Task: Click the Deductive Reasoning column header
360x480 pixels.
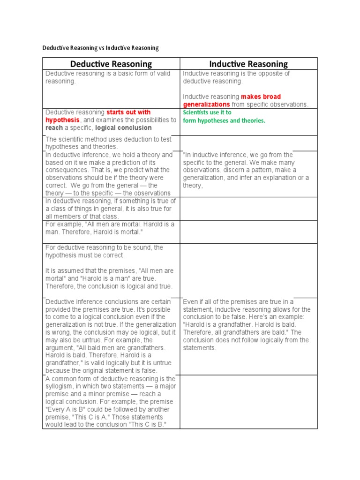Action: tap(111, 64)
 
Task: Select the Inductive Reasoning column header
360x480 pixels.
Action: tap(248, 64)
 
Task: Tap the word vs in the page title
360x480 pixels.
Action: tap(102, 48)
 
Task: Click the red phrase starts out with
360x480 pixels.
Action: tap(128, 112)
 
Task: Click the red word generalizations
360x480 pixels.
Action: tap(206, 104)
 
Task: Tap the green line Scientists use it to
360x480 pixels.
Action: tap(207, 112)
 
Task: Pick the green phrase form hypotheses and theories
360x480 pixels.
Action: tap(224, 120)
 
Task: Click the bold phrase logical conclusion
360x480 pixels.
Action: tap(124, 127)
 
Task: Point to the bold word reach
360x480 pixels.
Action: tap(54, 127)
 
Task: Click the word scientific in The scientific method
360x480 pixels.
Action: tap(72, 139)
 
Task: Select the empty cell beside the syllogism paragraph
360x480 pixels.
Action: tap(248, 402)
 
